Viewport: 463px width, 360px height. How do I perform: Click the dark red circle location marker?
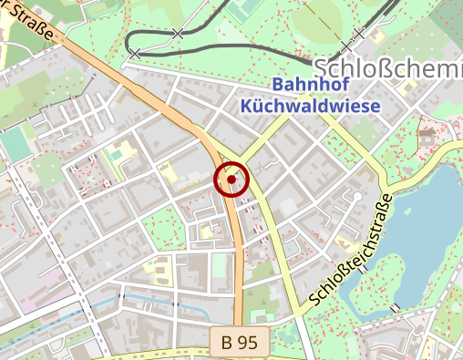pos(231,180)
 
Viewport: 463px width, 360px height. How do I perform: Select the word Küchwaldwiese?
pos(310,105)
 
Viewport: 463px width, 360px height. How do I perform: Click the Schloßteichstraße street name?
pos(350,249)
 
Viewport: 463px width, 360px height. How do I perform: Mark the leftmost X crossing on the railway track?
pos(135,55)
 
